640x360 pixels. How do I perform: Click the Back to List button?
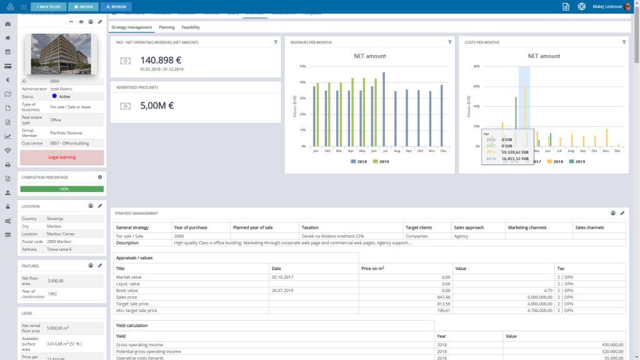click(48, 7)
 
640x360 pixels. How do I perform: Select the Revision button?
click(115, 7)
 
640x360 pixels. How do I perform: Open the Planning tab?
click(166, 27)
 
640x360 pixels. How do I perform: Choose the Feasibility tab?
click(191, 27)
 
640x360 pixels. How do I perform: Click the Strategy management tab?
click(131, 27)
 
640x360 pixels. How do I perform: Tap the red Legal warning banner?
click(62, 157)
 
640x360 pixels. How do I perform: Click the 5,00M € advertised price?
click(157, 106)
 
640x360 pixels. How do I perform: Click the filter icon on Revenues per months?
click(449, 42)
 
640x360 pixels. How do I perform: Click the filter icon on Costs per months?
click(624, 42)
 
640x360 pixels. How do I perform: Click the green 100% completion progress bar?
click(62, 189)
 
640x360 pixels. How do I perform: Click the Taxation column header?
click(309, 227)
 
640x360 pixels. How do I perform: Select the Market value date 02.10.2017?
click(283, 276)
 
